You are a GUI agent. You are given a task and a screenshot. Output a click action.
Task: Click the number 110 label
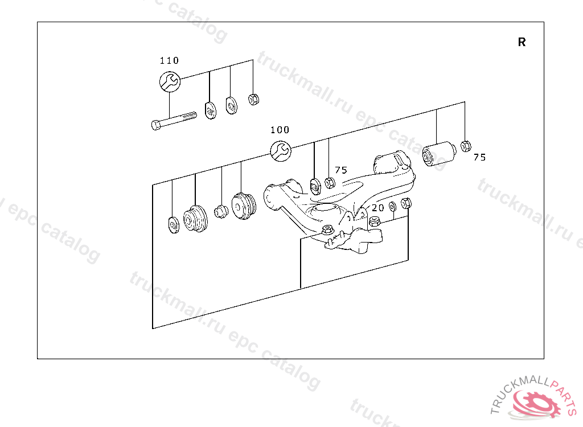coord(169,60)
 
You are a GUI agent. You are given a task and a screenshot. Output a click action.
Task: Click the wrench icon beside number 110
coord(170,81)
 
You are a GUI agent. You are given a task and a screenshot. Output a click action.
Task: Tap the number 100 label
coord(280,130)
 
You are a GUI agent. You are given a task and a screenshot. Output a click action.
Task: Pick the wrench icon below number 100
coord(280,150)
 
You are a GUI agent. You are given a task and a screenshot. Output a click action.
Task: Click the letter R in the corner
coord(522,42)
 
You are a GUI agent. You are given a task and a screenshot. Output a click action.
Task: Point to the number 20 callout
coord(377,208)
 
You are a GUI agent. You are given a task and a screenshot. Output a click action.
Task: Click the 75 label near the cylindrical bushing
coord(479,157)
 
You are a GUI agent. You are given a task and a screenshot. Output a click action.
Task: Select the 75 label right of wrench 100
coord(340,170)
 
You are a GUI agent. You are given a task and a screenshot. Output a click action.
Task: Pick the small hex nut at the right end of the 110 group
coord(254,100)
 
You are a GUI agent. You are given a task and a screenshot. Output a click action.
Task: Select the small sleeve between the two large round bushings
coord(220,211)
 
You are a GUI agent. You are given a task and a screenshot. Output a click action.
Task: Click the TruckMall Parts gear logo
coord(535,401)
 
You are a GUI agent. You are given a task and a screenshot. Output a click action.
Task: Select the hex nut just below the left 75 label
coord(329,183)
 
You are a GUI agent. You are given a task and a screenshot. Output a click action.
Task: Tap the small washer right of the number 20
coord(393,206)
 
